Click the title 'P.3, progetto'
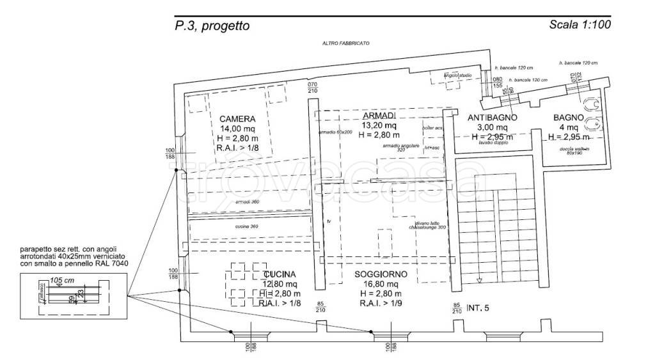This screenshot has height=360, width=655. point(212,26)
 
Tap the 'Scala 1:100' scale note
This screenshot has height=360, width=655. point(580,26)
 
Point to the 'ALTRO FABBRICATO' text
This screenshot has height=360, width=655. point(345,43)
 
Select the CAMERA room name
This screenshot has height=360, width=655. point(237,119)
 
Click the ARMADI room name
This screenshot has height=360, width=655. point(379,115)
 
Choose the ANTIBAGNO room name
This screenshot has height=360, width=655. point(492,118)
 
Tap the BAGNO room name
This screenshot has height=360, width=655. point(568,118)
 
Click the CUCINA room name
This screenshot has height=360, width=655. point(278,274)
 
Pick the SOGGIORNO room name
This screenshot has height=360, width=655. point(381,274)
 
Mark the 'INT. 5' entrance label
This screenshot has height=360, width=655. point(477,308)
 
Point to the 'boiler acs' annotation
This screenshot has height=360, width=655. point(432,129)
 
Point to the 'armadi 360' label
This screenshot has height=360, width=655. point(247,202)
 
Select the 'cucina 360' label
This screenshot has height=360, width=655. point(247,227)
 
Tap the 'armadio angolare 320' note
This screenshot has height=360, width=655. point(395,148)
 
